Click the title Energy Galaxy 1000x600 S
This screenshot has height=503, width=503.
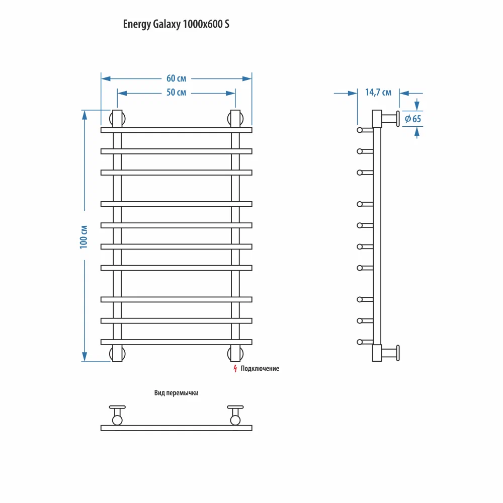pos(176,24)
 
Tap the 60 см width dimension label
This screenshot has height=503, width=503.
pos(176,78)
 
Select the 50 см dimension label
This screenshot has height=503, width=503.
pos(176,93)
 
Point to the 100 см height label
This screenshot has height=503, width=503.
pos(84,235)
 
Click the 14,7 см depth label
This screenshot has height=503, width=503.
pos(378,93)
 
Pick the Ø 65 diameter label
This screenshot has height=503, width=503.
pos(412,119)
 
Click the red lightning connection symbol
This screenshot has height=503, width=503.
pos(235,369)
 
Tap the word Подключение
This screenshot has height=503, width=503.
pos(260,369)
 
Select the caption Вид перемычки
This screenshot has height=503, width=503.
pos(176,393)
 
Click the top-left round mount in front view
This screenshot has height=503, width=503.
pos(117,119)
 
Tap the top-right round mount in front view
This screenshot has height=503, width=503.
pos(235,119)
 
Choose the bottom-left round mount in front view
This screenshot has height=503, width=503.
pos(117,353)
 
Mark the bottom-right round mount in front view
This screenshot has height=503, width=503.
pos(235,353)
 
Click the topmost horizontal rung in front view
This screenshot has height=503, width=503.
pos(176,130)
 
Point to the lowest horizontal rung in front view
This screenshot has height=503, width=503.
pos(176,342)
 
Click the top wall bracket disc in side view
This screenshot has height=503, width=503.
pos(397,119)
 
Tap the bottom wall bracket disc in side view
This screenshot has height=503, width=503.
pos(397,353)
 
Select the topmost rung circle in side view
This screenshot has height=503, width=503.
pos(360,130)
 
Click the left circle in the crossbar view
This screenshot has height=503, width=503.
pos(117,420)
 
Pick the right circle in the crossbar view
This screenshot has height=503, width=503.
pos(235,420)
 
